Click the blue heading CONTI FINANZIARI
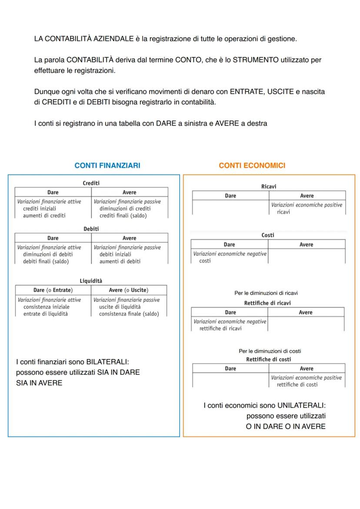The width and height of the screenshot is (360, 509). point(107,166)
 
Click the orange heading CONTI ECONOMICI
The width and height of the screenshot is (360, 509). point(252,166)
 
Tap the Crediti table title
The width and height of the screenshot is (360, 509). point(91,183)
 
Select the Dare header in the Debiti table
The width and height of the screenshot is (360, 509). point(53,238)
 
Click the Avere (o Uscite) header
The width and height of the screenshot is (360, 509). point(129,290)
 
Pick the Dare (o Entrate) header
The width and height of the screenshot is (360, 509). point(53,290)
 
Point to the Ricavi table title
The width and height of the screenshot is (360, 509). point(269,186)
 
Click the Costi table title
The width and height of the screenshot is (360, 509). point(268,235)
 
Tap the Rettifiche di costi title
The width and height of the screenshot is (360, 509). point(268,359)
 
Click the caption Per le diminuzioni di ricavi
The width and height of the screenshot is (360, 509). point(266,293)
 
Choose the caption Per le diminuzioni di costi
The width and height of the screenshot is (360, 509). point(270,351)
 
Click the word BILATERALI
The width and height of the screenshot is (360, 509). point(107,362)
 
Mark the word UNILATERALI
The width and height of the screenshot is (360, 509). point(301,406)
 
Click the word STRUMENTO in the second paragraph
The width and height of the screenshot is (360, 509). point(256,60)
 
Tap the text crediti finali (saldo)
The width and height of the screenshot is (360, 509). point(123,216)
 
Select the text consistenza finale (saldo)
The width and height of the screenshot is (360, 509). point(129,314)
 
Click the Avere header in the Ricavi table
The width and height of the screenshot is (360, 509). point(307,196)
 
